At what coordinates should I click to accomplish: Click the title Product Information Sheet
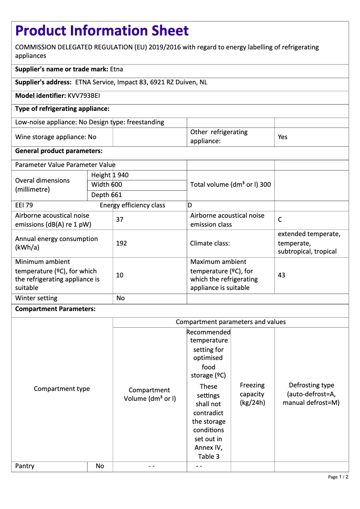(102, 31)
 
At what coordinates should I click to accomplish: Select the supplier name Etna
(116, 69)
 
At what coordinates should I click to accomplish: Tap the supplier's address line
(111, 82)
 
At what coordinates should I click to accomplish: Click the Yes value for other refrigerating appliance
(282, 137)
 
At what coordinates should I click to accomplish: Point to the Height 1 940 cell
(110, 175)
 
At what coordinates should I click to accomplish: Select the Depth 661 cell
(106, 195)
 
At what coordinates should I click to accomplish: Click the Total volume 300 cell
(230, 184)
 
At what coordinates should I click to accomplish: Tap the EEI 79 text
(24, 205)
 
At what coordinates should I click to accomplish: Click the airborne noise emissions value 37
(119, 219)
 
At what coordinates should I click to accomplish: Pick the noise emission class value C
(280, 219)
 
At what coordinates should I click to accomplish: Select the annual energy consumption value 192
(121, 243)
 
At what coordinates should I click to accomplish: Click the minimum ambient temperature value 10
(119, 275)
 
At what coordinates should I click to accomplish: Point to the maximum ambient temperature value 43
(281, 275)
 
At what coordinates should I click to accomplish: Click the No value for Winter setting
(120, 298)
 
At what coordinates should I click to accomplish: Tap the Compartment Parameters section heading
(55, 309)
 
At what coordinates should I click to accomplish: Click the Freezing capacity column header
(252, 394)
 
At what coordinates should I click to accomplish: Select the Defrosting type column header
(311, 394)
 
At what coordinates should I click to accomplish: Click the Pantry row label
(25, 466)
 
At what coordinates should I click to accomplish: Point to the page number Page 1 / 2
(338, 477)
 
